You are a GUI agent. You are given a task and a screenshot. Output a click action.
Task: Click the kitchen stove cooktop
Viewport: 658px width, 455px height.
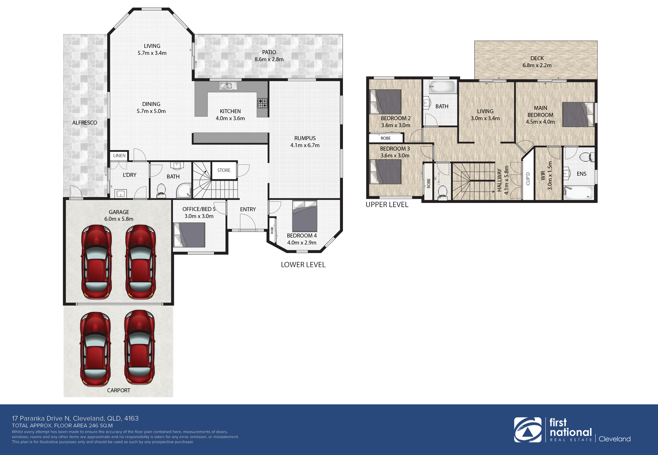[263, 103]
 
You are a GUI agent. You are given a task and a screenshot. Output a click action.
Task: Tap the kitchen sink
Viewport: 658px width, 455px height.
[228, 85]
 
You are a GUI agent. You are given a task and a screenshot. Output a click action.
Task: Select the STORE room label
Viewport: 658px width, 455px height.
[224, 170]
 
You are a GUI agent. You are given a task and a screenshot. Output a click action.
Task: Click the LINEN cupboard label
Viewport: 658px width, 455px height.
[119, 156]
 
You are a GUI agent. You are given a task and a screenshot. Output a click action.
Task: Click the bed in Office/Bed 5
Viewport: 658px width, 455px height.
[189, 235]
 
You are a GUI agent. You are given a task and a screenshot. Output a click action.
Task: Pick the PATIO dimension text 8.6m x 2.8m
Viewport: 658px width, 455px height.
[269, 59]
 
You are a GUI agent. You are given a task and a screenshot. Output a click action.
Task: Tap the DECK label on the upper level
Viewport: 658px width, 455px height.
[537, 58]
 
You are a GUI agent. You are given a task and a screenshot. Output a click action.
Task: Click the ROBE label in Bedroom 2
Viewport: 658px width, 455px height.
[385, 138]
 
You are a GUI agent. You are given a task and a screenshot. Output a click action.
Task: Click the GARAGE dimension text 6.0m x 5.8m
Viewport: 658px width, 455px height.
[119, 219]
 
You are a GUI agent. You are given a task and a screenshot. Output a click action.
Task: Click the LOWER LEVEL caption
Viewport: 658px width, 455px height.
[303, 264]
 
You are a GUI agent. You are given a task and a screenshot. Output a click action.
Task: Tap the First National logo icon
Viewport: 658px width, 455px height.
[527, 430]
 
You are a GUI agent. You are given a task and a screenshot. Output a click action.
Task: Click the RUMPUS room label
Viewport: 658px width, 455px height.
[305, 138]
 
